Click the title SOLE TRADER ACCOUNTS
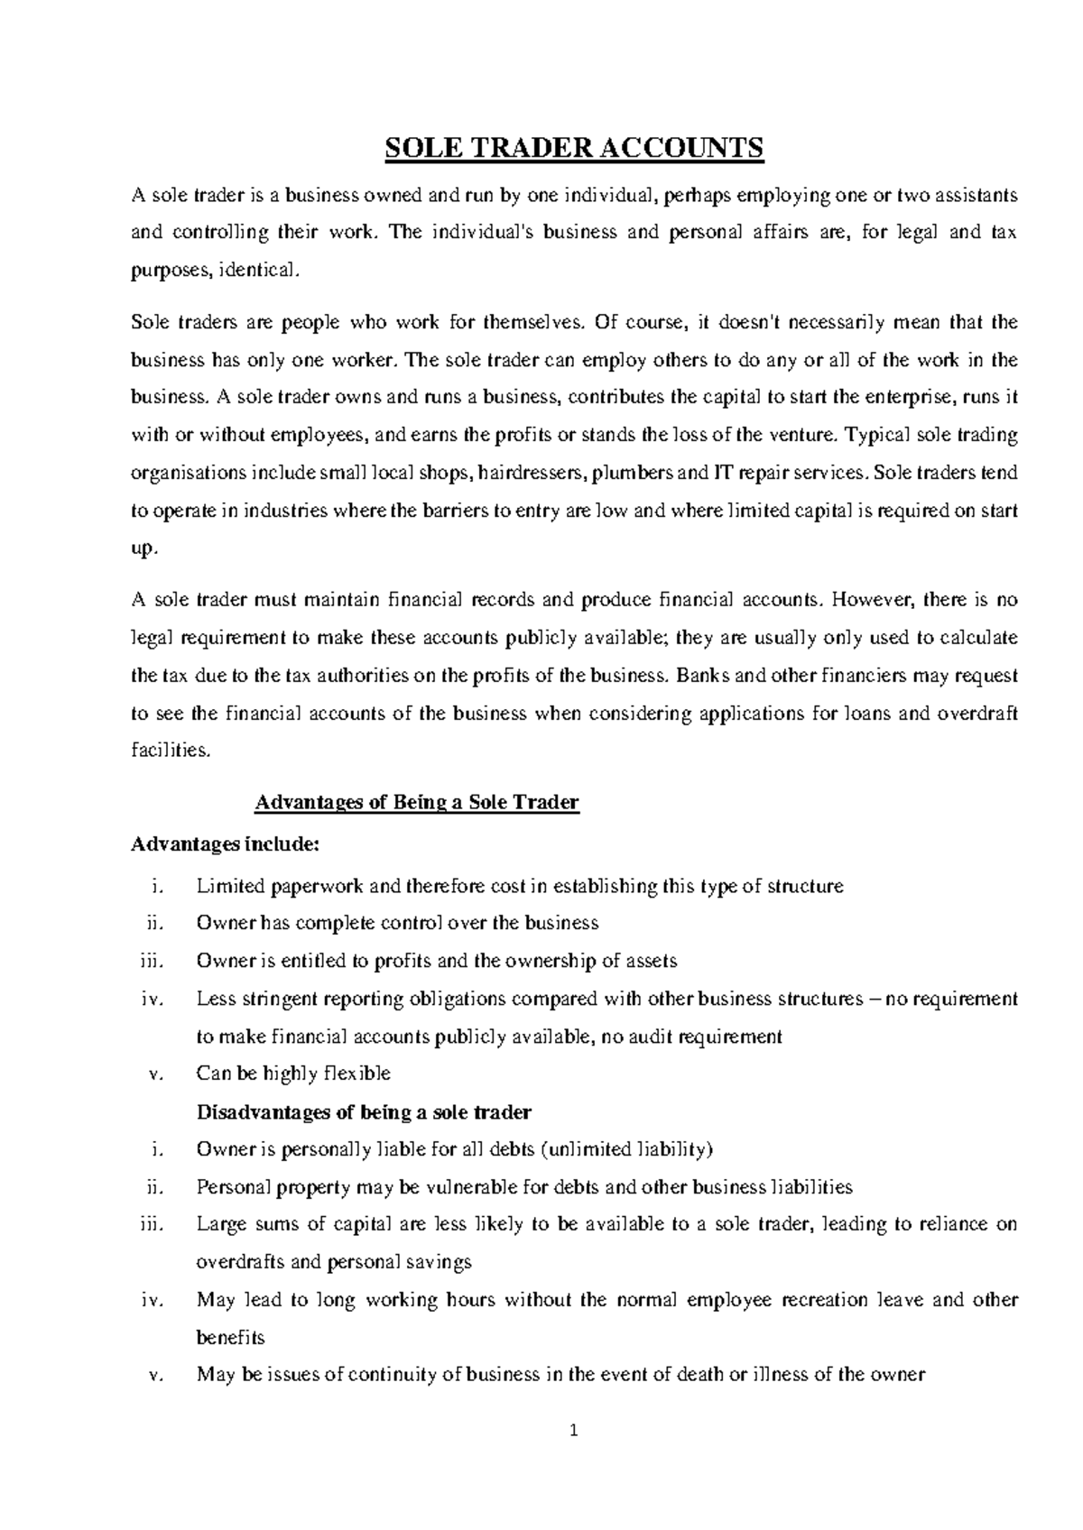(574, 148)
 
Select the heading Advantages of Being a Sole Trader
(417, 802)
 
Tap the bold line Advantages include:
(225, 845)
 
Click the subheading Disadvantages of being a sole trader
(364, 1111)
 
